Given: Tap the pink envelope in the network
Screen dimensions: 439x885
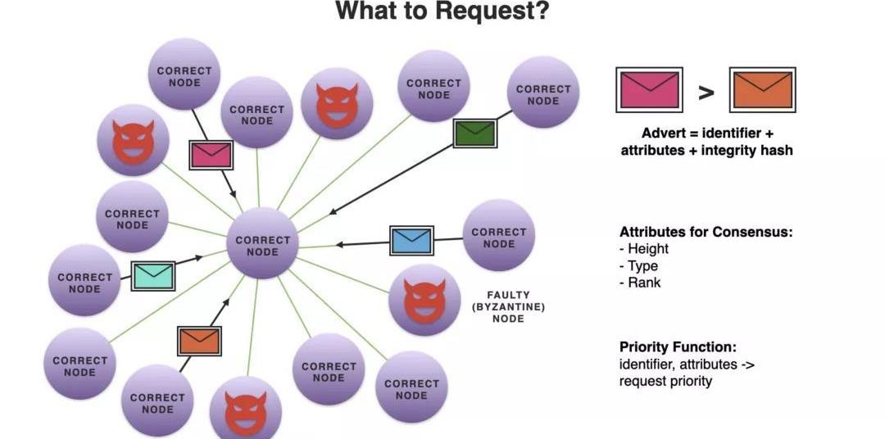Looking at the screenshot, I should pos(211,154).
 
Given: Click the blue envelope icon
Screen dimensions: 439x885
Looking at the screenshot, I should pos(411,240).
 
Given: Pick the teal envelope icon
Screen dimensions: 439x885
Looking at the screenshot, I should pos(153,275).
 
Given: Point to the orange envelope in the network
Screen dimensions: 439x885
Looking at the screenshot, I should pos(199,340).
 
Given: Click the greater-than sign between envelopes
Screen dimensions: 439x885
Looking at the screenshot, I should pos(706,92).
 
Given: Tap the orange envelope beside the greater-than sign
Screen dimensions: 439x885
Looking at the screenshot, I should pos(762,90).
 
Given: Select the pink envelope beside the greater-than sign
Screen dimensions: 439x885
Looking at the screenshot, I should pos(649,90).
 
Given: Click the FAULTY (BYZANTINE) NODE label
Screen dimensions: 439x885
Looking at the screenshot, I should pos(508,306).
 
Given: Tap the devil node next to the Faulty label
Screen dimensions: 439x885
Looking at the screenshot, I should pos(424,300).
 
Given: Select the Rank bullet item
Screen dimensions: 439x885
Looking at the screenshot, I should pos(643,283).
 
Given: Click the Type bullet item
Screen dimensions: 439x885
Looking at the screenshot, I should pos(642,266).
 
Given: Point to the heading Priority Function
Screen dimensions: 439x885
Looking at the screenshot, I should pos(677,346).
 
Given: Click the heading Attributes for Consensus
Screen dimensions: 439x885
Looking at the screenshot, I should pos(706,232).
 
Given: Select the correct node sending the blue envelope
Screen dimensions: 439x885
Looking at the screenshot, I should pos(498,237).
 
